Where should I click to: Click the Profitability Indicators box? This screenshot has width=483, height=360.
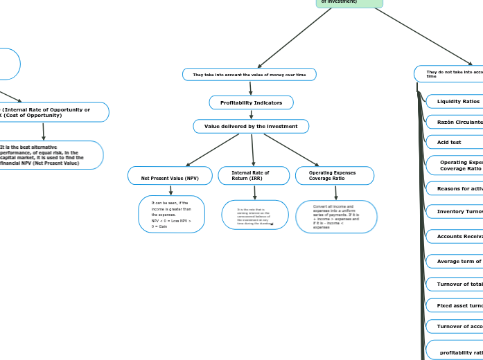pyautogui.click(x=251, y=102)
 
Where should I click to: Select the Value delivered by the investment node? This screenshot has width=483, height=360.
pyautogui.click(x=251, y=126)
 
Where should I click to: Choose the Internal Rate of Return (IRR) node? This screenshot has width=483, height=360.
pyautogui.click(x=254, y=176)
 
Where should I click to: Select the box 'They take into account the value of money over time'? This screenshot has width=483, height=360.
pyautogui.click(x=249, y=74)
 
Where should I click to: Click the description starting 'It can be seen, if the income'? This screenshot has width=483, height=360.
pyautogui.click(x=171, y=214)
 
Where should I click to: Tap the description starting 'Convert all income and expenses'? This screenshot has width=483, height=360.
pyautogui.click(x=336, y=216)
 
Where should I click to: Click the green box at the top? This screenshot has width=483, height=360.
pyautogui.click(x=349, y=3)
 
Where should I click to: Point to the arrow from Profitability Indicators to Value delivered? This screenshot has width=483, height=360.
pyautogui.click(x=251, y=114)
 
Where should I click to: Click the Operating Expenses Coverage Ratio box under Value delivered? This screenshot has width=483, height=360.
pyautogui.click(x=335, y=176)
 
